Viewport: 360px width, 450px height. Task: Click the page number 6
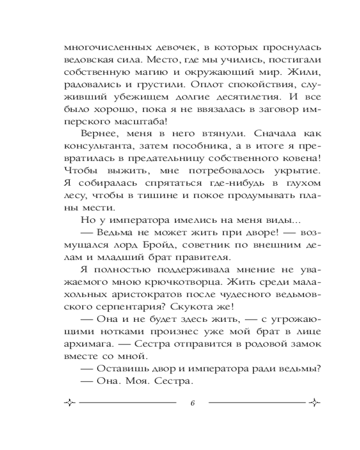point(192,402)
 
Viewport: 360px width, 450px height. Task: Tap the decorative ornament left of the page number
point(70,402)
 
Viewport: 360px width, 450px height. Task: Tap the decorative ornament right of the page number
point(315,402)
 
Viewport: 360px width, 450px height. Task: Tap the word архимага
point(88,345)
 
